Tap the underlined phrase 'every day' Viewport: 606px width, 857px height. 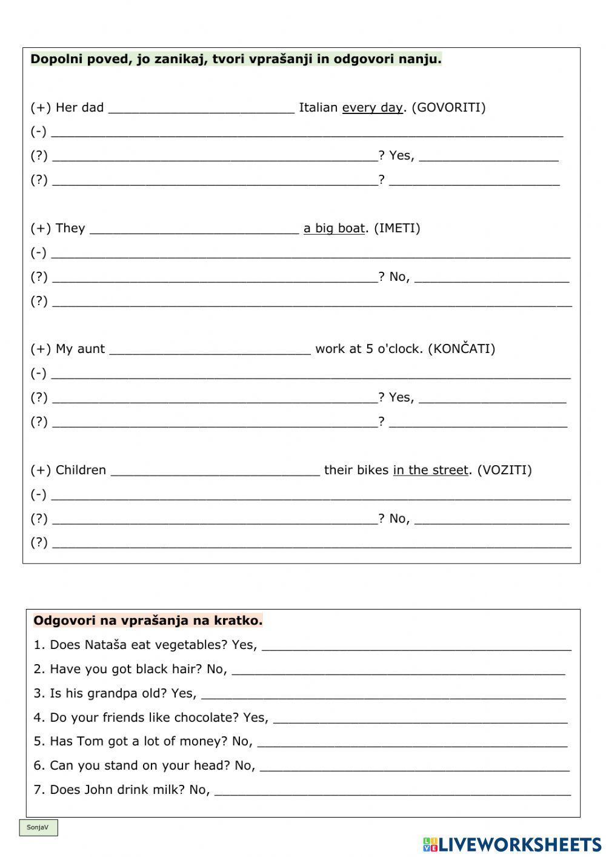[x=372, y=108]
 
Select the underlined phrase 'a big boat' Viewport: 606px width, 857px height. [x=334, y=229]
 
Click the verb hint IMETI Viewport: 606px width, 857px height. [x=397, y=229]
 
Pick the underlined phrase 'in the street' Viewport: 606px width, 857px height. [x=430, y=470]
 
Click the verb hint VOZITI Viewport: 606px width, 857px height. [x=504, y=470]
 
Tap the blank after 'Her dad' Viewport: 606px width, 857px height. [x=201, y=109]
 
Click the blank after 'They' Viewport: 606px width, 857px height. [x=194, y=230]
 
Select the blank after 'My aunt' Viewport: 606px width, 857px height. [x=210, y=351]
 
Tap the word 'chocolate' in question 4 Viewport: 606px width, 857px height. [x=207, y=718]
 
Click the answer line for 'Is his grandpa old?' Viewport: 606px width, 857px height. [x=383, y=695]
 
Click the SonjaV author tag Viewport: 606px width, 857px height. [x=38, y=828]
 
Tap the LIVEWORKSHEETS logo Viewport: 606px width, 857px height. [x=512, y=844]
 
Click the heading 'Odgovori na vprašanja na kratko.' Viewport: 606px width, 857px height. [x=148, y=620]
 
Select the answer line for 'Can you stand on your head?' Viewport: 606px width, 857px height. [x=415, y=767]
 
